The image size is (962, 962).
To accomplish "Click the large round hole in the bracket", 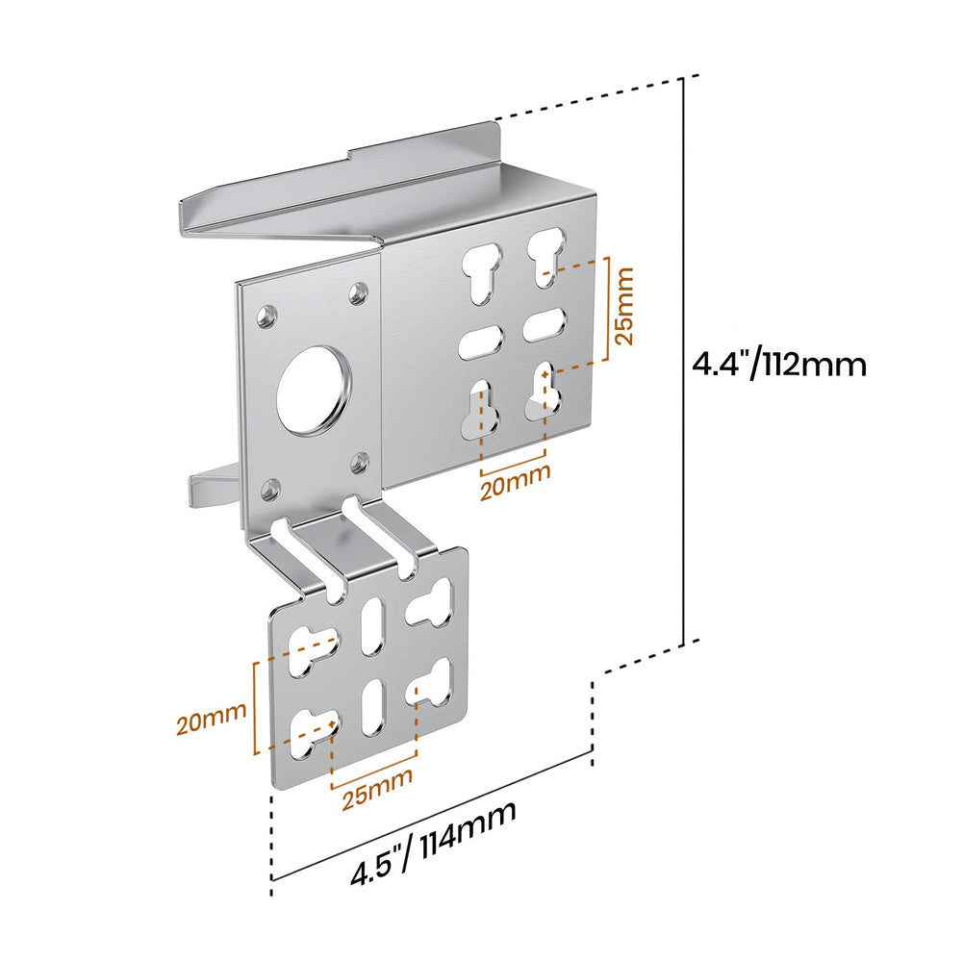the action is [313, 391].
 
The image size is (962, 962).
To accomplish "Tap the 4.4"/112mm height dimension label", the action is [779, 365].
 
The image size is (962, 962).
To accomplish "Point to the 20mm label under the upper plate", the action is [516, 482].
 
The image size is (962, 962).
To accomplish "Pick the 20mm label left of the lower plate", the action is [212, 719].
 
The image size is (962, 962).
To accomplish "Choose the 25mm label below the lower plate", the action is [377, 789].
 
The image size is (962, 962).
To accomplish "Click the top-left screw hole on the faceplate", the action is [266, 316].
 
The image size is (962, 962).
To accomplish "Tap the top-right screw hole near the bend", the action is [358, 292].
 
